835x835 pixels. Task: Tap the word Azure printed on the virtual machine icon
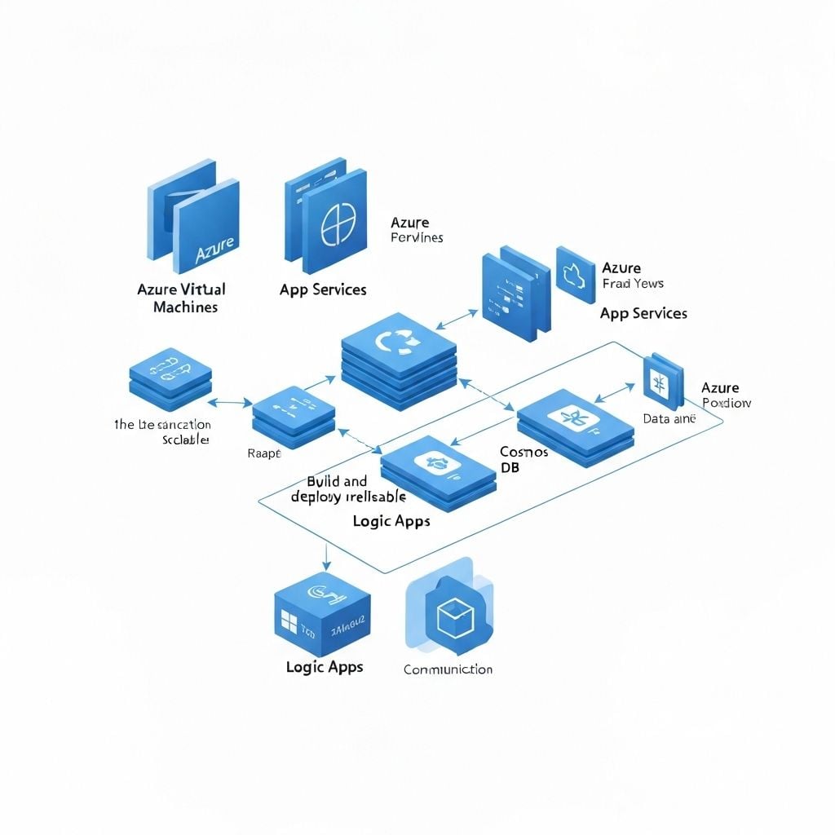[215, 250]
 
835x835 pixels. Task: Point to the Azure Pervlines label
[416, 230]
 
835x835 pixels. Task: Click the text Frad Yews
[632, 284]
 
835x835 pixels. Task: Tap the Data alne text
[669, 418]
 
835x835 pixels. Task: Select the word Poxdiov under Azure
[727, 403]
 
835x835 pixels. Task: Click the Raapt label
[263, 453]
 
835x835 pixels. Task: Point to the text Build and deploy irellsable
[348, 488]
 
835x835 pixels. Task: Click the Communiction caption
[448, 669]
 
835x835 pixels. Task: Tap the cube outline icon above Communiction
[450, 619]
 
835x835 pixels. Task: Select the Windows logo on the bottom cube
[289, 624]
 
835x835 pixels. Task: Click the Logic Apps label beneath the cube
[325, 667]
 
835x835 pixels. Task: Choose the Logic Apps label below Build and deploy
[391, 521]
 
